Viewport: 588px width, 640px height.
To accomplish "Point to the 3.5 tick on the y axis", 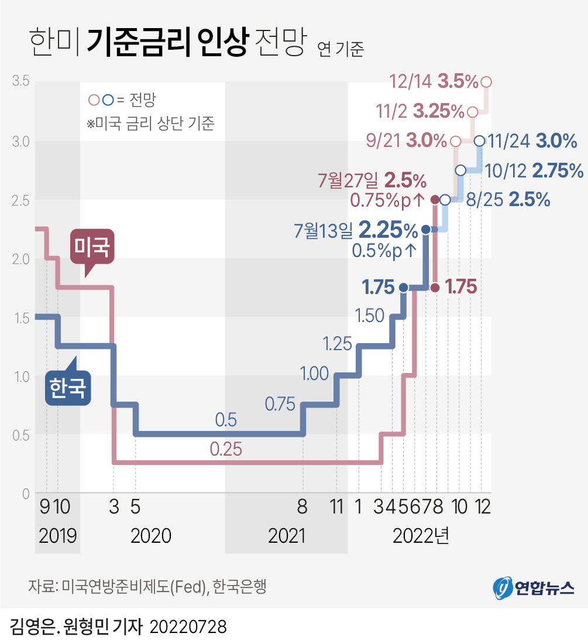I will coord(21,81).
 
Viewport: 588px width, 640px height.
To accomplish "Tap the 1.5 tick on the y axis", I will coord(21,318).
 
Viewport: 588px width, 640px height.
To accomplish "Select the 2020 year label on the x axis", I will coord(151,536).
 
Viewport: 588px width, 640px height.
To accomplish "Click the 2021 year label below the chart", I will coord(287,536).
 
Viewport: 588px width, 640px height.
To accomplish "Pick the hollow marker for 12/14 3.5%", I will coord(486,82).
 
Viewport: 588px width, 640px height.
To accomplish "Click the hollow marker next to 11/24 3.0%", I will coord(479,141).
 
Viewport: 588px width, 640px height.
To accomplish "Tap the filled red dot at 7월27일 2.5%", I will coord(435,200).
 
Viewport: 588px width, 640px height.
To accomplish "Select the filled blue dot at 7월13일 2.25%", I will coord(426,229).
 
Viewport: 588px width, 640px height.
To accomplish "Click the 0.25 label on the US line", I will coord(226,450).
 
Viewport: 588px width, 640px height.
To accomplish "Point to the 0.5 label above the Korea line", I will coord(226,420).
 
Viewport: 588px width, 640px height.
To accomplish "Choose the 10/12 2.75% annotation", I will coord(534,170).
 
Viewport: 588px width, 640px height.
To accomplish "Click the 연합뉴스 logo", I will coord(534,587).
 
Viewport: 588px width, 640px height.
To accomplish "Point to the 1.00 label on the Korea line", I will coord(314,374).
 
